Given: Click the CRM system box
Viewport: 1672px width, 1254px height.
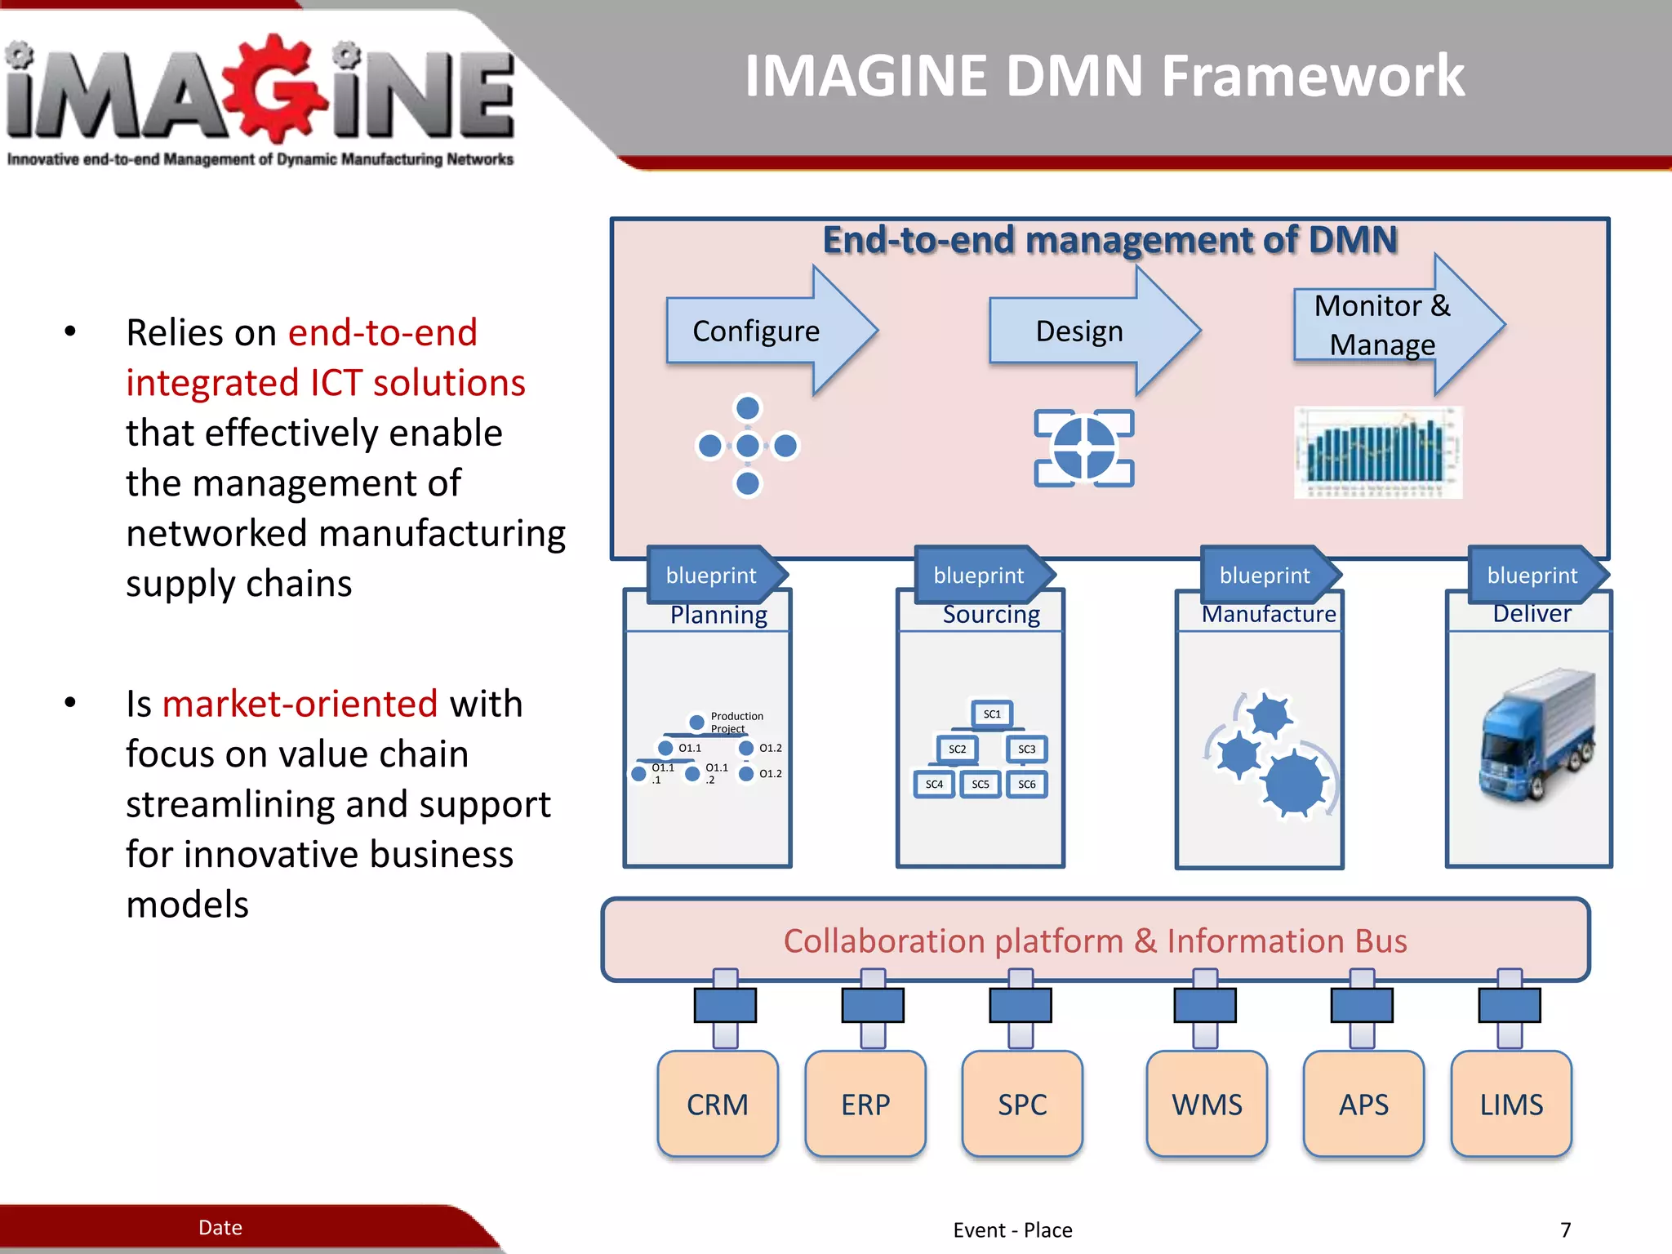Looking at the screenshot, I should pyautogui.click(x=717, y=1104).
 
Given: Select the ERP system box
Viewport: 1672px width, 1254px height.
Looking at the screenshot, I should pyautogui.click(x=865, y=1104).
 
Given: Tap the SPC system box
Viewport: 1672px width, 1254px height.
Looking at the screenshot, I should pyautogui.click(x=1022, y=1104).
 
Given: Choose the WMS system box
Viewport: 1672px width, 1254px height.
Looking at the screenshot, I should pyautogui.click(x=1207, y=1104).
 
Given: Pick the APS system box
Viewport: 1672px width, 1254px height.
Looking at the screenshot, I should pyautogui.click(x=1363, y=1104).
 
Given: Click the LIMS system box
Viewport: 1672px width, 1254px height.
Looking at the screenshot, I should pyautogui.click(x=1511, y=1104).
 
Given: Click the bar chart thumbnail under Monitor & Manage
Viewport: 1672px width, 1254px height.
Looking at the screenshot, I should pyautogui.click(x=1378, y=452).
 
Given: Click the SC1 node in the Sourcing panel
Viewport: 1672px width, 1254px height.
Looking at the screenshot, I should pyautogui.click(x=992, y=714).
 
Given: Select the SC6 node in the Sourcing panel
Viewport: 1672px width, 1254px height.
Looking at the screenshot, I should pyautogui.click(x=1026, y=784).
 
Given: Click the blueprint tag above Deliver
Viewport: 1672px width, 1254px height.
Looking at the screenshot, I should pyautogui.click(x=1533, y=575).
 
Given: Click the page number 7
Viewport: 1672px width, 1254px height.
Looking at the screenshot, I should pyautogui.click(x=1565, y=1230).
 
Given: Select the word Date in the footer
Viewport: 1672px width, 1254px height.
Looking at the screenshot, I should pyautogui.click(x=220, y=1227).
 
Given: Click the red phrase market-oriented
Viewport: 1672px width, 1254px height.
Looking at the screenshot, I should pyautogui.click(x=300, y=704).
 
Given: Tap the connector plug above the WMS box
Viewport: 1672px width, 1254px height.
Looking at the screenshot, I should pyautogui.click(x=1205, y=1005).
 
